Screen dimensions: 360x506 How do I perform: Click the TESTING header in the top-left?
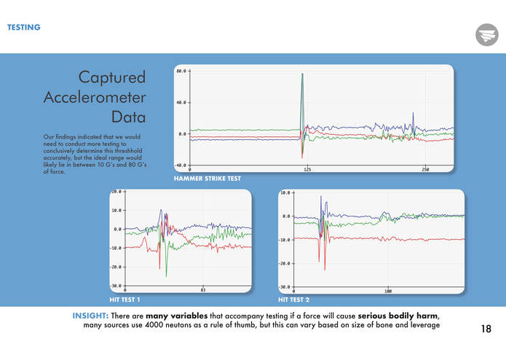tap(23, 28)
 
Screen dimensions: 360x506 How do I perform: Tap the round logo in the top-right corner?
tap(486, 34)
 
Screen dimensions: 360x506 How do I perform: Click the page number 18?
tap(486, 329)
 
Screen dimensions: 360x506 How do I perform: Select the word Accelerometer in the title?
tap(95, 97)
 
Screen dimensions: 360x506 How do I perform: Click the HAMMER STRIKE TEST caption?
tap(207, 178)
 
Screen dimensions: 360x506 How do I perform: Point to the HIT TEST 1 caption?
tap(124, 300)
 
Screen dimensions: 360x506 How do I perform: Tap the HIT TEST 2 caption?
tap(294, 300)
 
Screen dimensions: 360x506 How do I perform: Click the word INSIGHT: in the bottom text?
tap(90, 315)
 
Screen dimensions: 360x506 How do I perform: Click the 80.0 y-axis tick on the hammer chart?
tap(181, 71)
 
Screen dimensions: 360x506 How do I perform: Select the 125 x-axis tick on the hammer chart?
tap(307, 170)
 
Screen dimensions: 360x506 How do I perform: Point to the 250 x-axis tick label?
tap(425, 170)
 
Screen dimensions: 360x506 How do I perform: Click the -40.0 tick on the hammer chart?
tap(180, 165)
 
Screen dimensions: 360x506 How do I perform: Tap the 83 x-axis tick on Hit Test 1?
tap(203, 291)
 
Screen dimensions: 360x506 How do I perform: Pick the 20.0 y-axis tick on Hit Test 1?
tap(116, 192)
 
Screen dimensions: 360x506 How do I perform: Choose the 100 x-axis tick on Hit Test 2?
tap(388, 291)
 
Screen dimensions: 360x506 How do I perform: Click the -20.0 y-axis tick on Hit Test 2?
tap(285, 263)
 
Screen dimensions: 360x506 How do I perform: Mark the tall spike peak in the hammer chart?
tap(302, 74)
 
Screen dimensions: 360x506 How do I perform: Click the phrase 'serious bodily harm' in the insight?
tap(398, 315)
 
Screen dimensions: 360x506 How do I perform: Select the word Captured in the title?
tap(112, 77)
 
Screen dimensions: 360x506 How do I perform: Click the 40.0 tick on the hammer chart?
tap(181, 103)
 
